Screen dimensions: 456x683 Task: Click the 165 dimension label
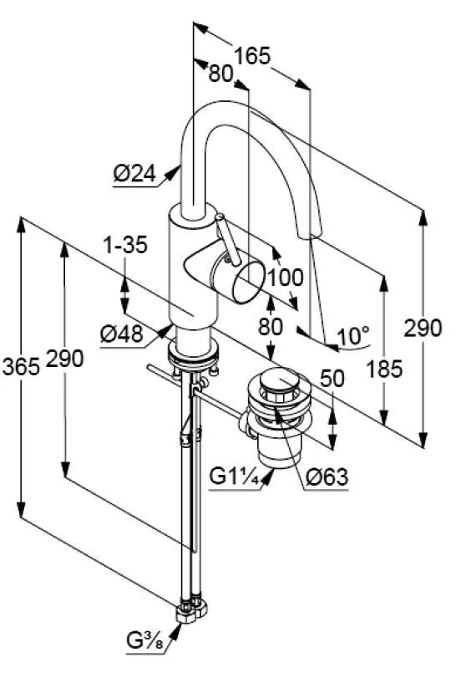[252, 56]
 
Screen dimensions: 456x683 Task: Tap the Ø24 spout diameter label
[134, 174]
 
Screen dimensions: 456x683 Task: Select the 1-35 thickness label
[126, 245]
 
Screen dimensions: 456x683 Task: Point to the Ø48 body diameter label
[121, 334]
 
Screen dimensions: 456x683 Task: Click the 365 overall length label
[21, 366]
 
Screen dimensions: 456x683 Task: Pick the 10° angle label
[353, 336]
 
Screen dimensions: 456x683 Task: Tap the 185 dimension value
[384, 370]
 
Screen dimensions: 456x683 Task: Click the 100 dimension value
[285, 278]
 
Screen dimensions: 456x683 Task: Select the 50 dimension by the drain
[332, 378]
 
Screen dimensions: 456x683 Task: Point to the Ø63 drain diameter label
[327, 477]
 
